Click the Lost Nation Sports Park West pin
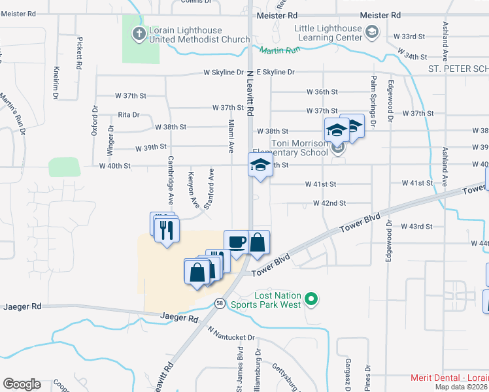(x=312, y=299)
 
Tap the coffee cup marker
(x=236, y=242)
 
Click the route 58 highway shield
(x=220, y=303)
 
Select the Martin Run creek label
(x=278, y=50)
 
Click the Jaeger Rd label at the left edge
(x=23, y=306)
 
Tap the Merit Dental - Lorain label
(x=449, y=378)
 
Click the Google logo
(x=22, y=384)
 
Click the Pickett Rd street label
(x=79, y=54)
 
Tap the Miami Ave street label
(x=231, y=136)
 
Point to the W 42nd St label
(x=329, y=203)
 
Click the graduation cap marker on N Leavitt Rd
(x=260, y=166)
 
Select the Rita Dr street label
(x=129, y=114)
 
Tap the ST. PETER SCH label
(x=458, y=69)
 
